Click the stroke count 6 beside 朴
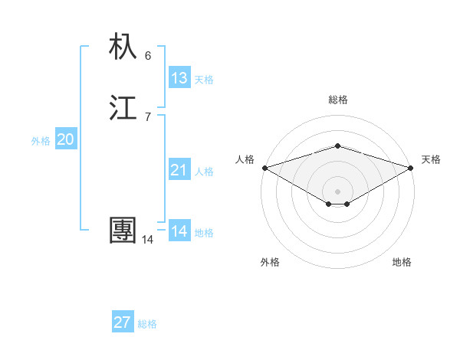pos(148,55)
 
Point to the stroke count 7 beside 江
pos(148,116)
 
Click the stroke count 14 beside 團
pos(147,240)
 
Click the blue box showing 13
pos(179,77)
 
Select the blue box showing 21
pos(179,170)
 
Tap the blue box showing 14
pos(179,231)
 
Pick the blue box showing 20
pos(65,139)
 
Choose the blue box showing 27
pos(123,322)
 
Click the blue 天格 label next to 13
pos(204,80)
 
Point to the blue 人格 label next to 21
pos(204,172)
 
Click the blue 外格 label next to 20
pos(41,141)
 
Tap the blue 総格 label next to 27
pos(147,324)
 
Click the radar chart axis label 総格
pos(337,100)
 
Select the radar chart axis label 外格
pos(270,262)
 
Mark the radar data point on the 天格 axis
pos(411,167)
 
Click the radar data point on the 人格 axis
pos(264,167)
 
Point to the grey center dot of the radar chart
pos(337,191)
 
